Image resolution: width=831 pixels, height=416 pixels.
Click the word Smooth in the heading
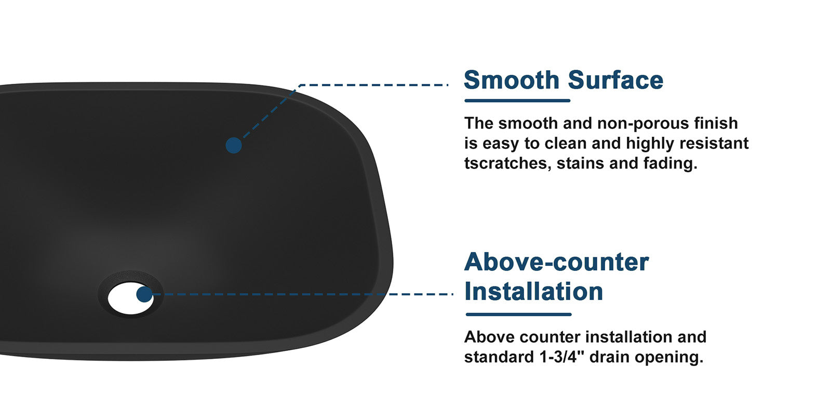click(512, 80)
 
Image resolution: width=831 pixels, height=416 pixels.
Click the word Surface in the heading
click(615, 80)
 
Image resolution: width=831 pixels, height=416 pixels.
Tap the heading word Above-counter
click(556, 262)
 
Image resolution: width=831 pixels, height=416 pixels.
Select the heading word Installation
click(533, 291)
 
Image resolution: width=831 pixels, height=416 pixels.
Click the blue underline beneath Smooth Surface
click(517, 101)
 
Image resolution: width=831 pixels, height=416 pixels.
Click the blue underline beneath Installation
click(519, 315)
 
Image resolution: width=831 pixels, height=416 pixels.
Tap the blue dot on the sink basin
click(234, 145)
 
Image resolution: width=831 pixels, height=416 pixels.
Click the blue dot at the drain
click(144, 294)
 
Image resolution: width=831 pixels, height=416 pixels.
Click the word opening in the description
click(669, 358)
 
